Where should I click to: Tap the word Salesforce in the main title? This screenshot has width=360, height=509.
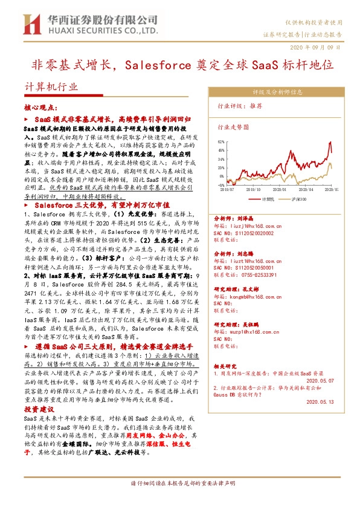pos(155,63)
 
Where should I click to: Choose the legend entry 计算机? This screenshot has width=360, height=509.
pos(269,198)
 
